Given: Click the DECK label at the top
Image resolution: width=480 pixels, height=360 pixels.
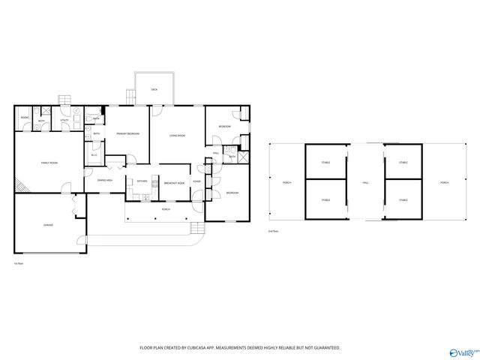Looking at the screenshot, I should point(154,89).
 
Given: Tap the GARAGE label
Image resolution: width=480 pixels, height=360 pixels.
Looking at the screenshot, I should point(48,224).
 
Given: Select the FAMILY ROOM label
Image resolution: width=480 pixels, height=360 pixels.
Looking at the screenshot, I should point(49,163).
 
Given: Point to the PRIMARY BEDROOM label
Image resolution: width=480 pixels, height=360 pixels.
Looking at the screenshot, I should point(127,133).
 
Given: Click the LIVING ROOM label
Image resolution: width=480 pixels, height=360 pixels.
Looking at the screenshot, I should point(177,136).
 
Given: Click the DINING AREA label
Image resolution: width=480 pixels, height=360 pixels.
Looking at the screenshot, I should point(105,181).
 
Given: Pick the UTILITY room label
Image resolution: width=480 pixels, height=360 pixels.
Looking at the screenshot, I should point(64,120).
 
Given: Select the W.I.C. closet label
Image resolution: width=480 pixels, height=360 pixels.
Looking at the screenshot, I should point(94,155).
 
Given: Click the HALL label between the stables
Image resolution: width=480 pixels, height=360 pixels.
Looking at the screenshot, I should point(366,182).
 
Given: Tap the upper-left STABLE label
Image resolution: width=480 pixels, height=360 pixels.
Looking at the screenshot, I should point(325,162).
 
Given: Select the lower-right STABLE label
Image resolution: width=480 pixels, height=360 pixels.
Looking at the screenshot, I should point(403,200).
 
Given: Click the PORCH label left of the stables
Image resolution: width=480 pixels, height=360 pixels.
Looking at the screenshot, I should point(286,182).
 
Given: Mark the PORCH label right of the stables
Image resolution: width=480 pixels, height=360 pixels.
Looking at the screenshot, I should point(445,182).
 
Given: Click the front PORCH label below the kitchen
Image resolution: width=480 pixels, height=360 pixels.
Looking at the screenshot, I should point(165,209).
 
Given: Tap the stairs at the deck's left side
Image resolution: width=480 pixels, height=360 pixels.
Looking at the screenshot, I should point(130,97).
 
